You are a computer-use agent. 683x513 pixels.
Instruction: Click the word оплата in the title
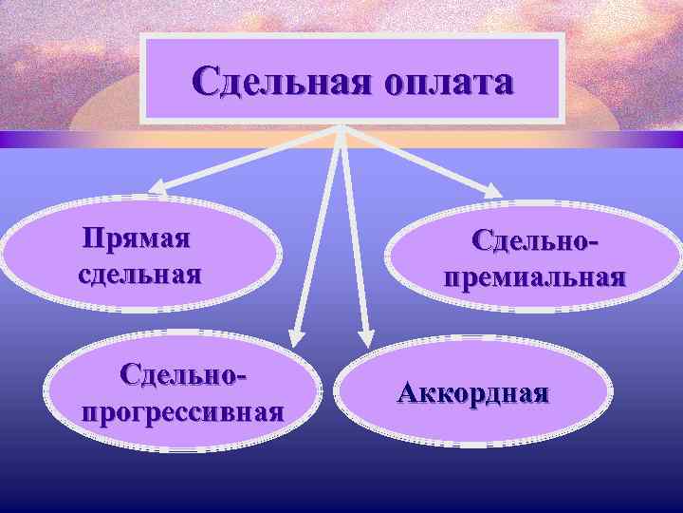click(x=449, y=83)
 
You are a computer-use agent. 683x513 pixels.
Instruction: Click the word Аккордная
click(x=472, y=393)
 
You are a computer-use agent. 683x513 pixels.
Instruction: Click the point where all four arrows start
click(x=341, y=128)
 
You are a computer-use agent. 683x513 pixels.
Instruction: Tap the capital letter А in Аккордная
click(x=409, y=393)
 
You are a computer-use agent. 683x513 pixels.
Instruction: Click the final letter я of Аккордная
click(x=539, y=394)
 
